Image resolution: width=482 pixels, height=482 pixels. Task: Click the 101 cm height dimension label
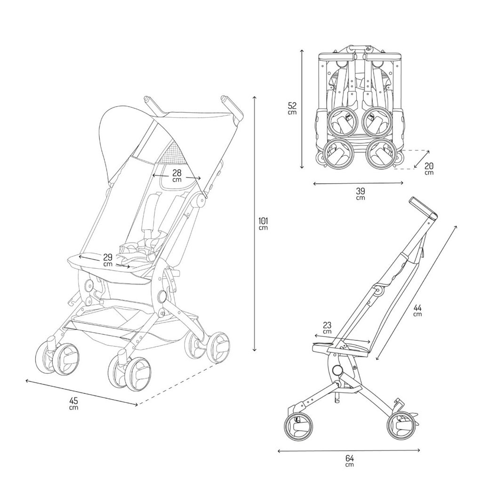pyautogui.click(x=263, y=223)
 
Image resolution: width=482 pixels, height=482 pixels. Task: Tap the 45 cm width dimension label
pyautogui.click(x=73, y=403)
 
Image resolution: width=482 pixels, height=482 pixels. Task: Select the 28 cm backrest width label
pyautogui.click(x=177, y=176)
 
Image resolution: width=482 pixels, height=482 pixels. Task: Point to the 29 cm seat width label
pyautogui.click(x=108, y=260)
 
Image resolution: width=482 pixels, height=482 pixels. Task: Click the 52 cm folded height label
pyautogui.click(x=292, y=108)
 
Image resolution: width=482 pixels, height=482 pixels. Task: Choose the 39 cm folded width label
pyautogui.click(x=360, y=193)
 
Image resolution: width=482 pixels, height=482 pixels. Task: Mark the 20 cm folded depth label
pyautogui.click(x=429, y=169)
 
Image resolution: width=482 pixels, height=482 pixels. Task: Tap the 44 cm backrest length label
pyautogui.click(x=418, y=311)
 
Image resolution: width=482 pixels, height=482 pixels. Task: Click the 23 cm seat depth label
pyautogui.click(x=327, y=328)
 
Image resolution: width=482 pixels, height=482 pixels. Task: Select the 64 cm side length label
pyautogui.click(x=349, y=461)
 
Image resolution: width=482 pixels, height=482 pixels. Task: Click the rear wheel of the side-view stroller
pyautogui.click(x=298, y=427)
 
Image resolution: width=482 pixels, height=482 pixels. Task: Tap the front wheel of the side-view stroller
pyautogui.click(x=401, y=426)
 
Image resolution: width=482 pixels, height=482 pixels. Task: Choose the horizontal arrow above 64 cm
pyautogui.click(x=349, y=450)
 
